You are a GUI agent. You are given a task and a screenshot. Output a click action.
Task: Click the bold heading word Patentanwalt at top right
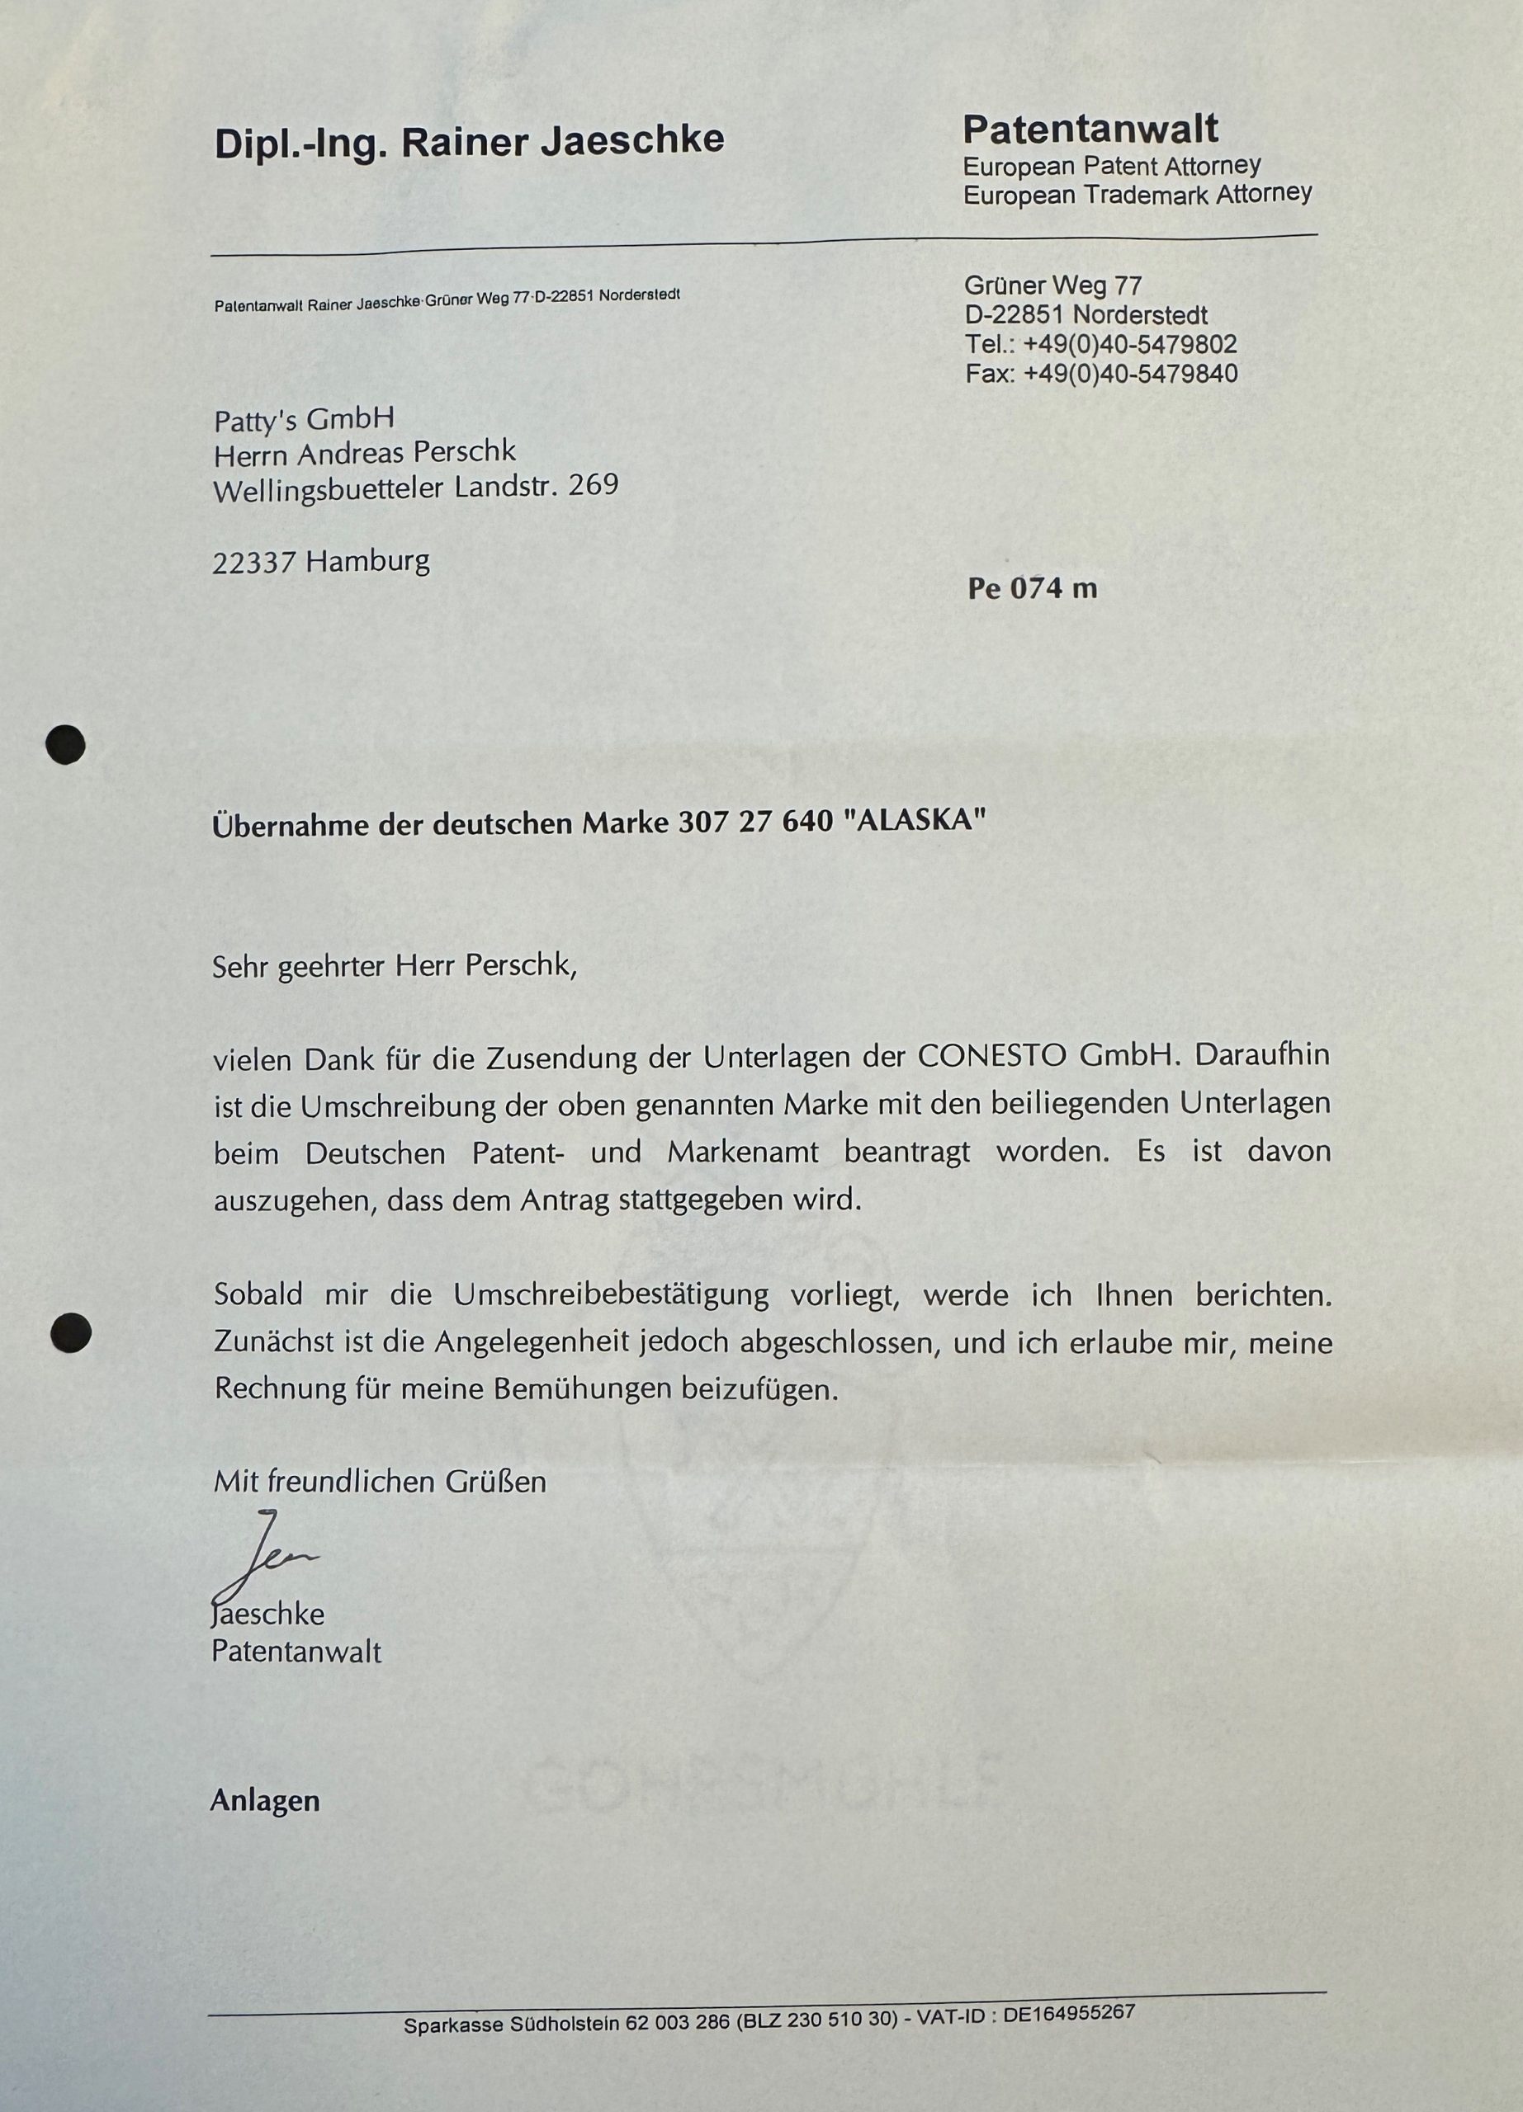(1090, 130)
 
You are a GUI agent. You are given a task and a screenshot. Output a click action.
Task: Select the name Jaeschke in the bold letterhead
(634, 140)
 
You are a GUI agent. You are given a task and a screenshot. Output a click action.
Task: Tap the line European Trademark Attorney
(1138, 195)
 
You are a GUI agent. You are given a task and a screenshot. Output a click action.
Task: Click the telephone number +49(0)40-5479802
(1130, 345)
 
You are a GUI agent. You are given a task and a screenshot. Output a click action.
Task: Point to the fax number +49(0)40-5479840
(1130, 375)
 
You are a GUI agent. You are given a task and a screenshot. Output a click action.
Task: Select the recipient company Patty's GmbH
(304, 420)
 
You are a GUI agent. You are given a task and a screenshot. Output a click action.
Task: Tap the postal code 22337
(254, 563)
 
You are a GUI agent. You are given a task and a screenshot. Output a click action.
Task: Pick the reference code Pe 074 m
(1032, 589)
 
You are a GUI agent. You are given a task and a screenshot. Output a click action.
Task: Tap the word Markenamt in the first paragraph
(742, 1153)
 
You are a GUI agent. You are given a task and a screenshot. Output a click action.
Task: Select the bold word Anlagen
(264, 1801)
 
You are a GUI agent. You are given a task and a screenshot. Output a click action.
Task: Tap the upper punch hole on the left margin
(66, 745)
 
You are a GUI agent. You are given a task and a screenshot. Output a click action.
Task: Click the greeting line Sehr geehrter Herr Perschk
(395, 966)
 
